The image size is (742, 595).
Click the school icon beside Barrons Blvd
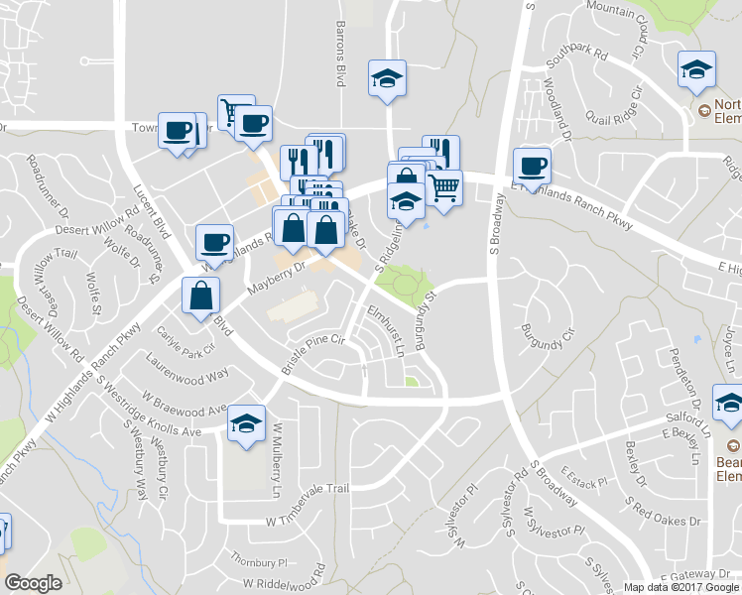pyautogui.click(x=386, y=77)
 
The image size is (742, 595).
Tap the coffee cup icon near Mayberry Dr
pyautogui.click(x=214, y=241)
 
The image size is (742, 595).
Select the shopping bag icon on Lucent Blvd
pyautogui.click(x=200, y=295)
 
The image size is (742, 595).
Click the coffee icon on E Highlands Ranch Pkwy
pyautogui.click(x=532, y=164)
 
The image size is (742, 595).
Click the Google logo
pyautogui.click(x=34, y=583)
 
